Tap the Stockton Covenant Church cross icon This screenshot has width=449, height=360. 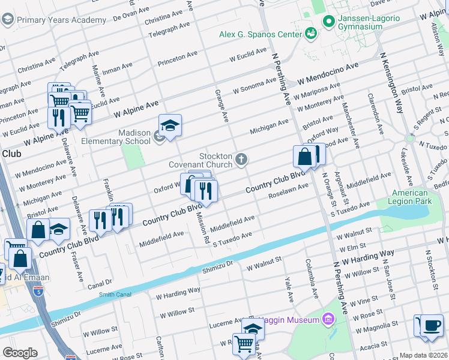tap(241, 159)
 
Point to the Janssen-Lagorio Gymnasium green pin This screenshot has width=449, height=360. tap(328, 22)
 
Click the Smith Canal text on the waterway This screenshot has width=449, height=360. tap(115, 294)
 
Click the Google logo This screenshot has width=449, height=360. tap(20, 353)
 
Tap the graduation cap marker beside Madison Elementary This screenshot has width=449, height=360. tap(170, 125)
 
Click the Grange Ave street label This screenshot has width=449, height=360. tap(222, 106)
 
